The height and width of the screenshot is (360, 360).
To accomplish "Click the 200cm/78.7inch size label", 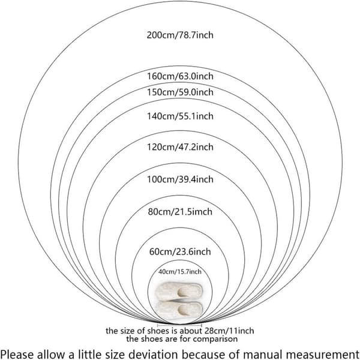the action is tap(180, 35).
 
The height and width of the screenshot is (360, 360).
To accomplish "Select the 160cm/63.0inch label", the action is tap(180, 76).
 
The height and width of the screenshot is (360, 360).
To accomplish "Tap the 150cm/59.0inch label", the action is tap(180, 92).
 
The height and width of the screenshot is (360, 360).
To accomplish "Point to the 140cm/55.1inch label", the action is tap(180, 116).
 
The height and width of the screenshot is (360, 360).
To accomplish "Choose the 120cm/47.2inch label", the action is tap(180, 147).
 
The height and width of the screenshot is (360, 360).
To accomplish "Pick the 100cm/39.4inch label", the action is tap(180, 179).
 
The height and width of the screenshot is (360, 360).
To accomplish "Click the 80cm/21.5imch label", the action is tap(180, 212).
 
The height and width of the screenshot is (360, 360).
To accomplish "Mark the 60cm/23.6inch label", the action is tap(180, 251).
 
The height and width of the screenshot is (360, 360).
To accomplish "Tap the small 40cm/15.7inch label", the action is tap(180, 272).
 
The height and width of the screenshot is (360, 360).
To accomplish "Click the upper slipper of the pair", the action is tap(179, 291).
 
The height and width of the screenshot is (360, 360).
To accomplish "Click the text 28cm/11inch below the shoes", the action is tap(229, 331).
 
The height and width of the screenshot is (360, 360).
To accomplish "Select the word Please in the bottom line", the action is tap(18, 354).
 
